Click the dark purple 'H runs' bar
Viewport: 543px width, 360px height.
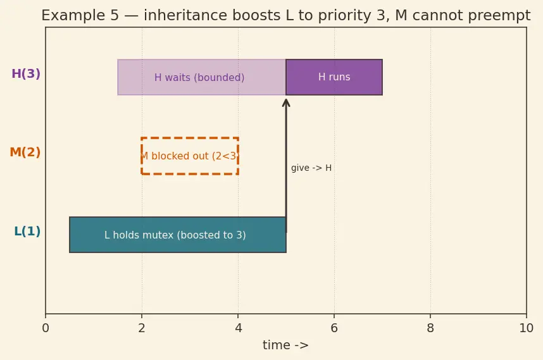(334, 77)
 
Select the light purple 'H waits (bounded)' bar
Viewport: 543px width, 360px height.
(201, 77)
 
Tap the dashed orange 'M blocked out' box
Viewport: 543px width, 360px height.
(190, 138)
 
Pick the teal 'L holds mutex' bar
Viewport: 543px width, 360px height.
(178, 235)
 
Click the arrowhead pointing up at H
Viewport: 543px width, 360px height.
(286, 103)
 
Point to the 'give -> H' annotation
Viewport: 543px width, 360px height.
(311, 168)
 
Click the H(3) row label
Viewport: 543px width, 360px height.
(26, 74)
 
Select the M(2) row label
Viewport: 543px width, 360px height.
(25, 152)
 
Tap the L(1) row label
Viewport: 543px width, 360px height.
(27, 231)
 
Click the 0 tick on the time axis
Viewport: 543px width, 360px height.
(46, 328)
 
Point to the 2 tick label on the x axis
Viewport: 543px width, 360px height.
(142, 328)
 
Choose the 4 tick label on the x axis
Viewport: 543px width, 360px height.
(238, 328)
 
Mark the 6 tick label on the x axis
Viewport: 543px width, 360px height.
(334, 328)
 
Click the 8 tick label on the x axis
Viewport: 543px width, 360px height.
(430, 328)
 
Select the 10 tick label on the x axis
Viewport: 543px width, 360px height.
(527, 328)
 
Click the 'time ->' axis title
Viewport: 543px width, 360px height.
(285, 345)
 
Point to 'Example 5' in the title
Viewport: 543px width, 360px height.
(80, 16)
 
